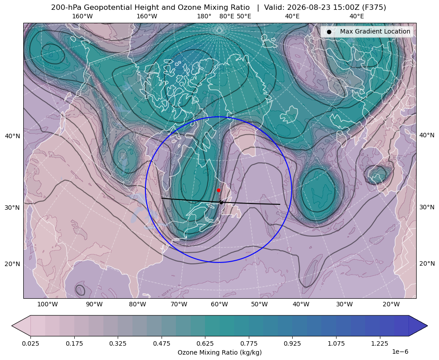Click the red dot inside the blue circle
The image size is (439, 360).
click(219, 190)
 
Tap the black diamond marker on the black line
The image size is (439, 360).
click(221, 202)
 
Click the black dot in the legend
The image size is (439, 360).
click(329, 32)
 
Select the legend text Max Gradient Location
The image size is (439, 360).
click(375, 31)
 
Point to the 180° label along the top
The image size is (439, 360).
click(204, 16)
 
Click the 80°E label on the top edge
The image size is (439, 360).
click(227, 16)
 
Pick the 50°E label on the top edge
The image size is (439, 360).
click(244, 16)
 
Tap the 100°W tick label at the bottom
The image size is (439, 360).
click(47, 304)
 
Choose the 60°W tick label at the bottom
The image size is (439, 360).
click(219, 304)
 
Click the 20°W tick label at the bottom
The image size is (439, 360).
click(391, 304)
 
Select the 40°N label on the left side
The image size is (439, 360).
click(13, 136)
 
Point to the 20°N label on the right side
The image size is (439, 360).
click(427, 263)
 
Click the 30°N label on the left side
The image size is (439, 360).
click(13, 208)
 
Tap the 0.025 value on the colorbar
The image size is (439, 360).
click(30, 343)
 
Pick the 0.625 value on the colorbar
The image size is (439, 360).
click(205, 343)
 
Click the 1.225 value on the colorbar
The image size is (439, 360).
click(379, 343)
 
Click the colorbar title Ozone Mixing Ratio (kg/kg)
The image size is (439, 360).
click(219, 352)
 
